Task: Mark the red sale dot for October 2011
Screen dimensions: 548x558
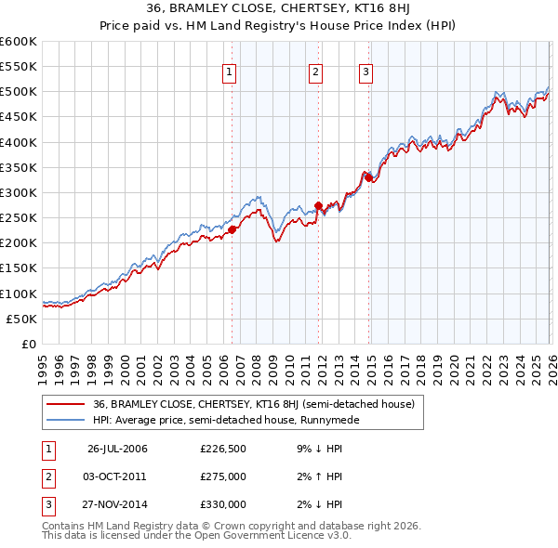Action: (318, 205)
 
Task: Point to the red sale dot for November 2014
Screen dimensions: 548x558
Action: (369, 177)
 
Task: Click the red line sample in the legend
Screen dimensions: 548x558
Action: (65, 404)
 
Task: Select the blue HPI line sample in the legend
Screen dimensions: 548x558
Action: (65, 420)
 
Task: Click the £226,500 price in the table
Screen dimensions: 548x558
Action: (222, 450)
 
